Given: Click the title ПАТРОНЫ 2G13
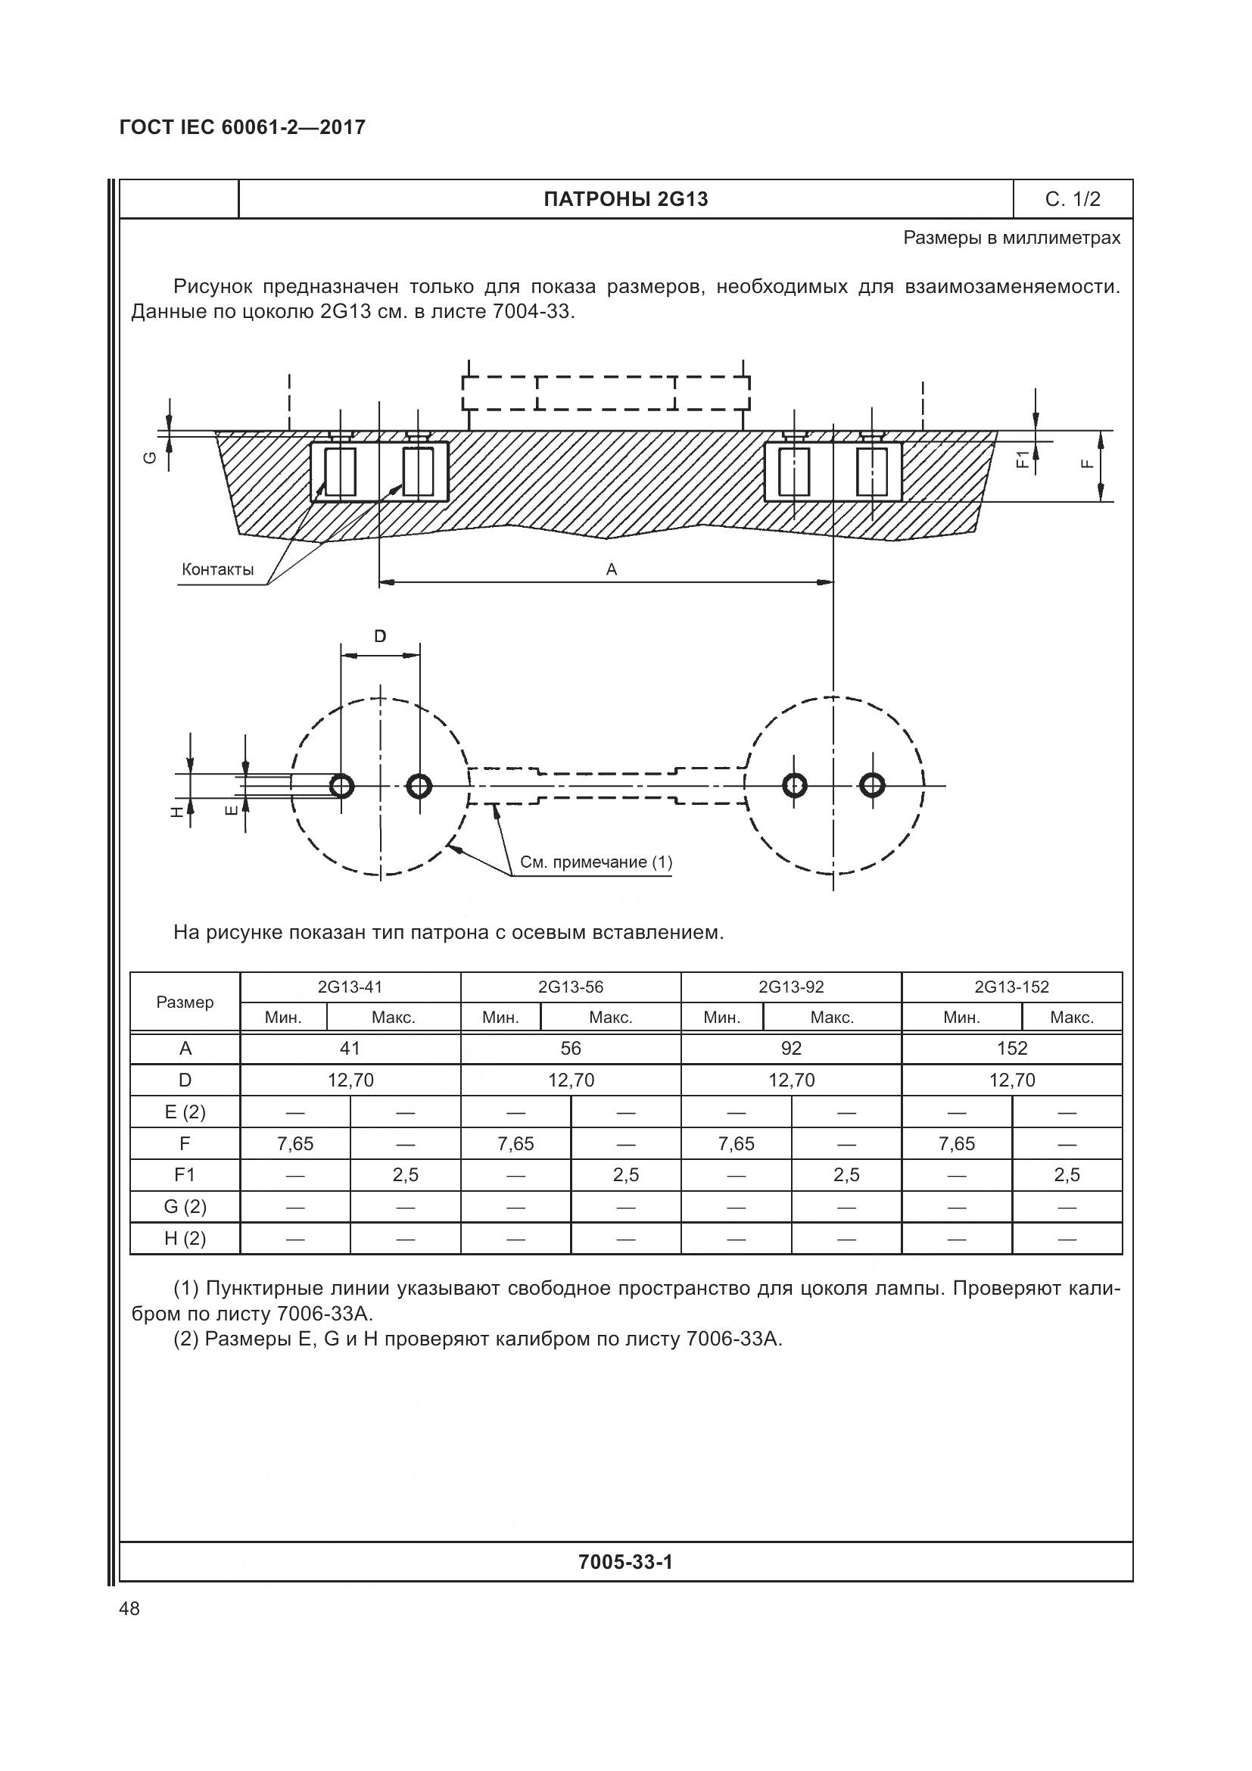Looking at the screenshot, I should click(625, 200).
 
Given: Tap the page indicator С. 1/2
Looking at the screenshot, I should click(1073, 200).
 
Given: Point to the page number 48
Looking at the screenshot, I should click(129, 1608).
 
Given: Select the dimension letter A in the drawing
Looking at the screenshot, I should click(612, 570).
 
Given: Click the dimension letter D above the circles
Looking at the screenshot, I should click(380, 636).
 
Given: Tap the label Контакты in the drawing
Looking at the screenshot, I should click(217, 570).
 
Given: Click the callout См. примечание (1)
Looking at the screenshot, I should click(596, 862).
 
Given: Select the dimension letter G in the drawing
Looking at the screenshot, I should click(151, 458).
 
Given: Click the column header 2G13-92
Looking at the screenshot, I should click(791, 987).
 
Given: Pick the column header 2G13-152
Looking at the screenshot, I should click(1011, 987).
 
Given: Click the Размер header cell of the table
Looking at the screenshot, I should click(185, 1002).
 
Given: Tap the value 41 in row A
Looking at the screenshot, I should click(350, 1048).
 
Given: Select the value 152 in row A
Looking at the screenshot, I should click(1011, 1048).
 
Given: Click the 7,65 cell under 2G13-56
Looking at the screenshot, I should click(515, 1144).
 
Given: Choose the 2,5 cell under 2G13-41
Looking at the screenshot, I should click(406, 1176).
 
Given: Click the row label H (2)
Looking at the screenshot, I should click(185, 1239).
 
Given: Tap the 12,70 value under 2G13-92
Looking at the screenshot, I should click(791, 1080).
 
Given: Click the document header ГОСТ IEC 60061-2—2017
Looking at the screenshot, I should click(243, 127).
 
